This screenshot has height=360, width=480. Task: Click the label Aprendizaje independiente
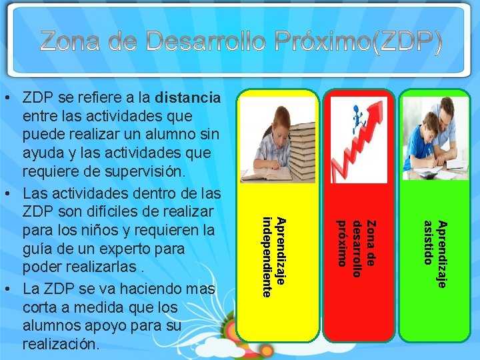coord(273,257)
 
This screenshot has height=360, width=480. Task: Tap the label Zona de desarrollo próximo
coord(357,243)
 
